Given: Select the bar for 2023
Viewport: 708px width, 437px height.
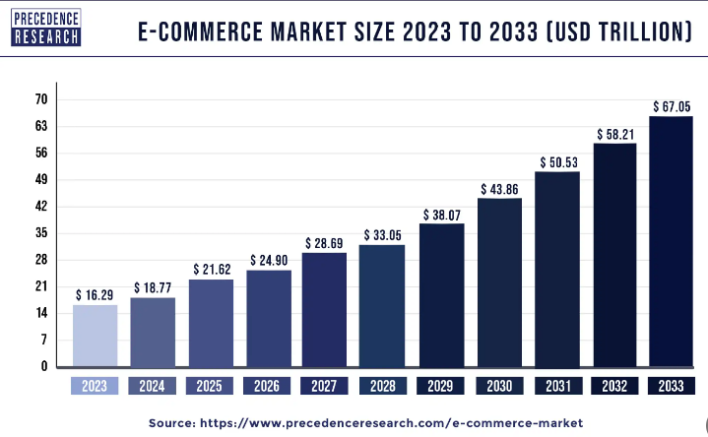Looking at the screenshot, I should [x=96, y=335].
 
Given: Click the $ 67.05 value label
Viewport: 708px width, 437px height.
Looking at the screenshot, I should [x=672, y=106].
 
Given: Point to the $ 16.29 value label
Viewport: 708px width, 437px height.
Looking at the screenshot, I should [x=96, y=294].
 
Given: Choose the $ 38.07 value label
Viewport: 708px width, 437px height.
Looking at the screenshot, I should [x=441, y=214].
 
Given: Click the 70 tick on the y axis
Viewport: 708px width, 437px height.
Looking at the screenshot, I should [x=41, y=99].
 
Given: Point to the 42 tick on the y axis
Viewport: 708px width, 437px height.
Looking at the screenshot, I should [x=41, y=207].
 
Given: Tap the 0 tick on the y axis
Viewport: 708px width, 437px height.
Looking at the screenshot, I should [x=44, y=366].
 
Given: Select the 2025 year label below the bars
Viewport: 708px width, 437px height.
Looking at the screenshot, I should [x=211, y=387].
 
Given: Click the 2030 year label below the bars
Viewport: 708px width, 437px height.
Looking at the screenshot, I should [x=498, y=387].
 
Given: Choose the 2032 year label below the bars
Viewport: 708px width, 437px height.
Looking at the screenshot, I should [x=613, y=387].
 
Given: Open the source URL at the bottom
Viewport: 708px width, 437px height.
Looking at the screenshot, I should [x=394, y=421].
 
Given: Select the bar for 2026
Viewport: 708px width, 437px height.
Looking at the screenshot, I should [x=268, y=318].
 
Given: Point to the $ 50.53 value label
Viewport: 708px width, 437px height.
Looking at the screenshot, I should [x=556, y=161].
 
